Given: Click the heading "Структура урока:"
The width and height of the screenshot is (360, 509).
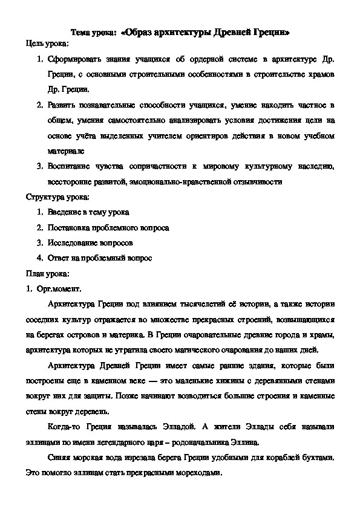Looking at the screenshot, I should [x=57, y=197].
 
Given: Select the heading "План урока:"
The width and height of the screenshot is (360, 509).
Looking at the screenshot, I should [x=48, y=273].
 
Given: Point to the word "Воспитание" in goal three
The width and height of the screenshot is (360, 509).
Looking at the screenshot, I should [x=68, y=166].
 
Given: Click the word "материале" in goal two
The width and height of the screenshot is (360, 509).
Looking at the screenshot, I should [x=62, y=151].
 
